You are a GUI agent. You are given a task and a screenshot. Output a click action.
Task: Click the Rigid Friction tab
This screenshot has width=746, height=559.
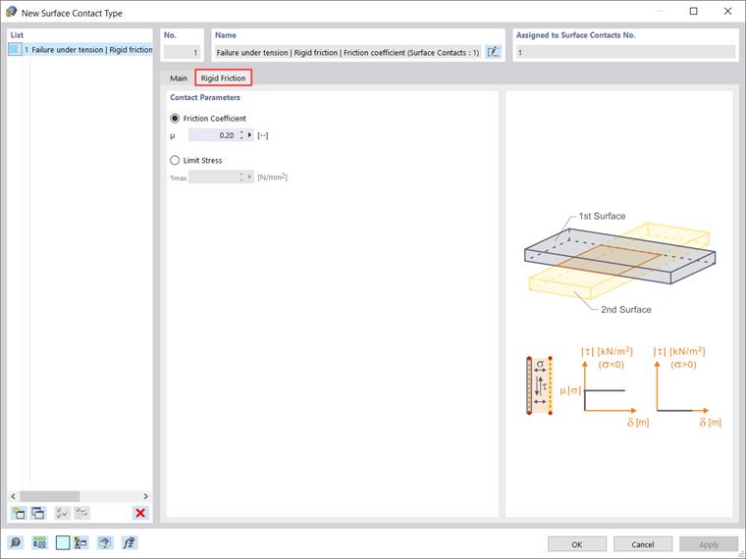click(223, 77)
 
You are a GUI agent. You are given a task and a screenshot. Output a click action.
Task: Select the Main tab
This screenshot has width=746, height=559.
click(179, 77)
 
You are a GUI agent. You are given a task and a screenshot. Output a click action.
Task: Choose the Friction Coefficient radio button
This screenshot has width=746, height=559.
click(176, 118)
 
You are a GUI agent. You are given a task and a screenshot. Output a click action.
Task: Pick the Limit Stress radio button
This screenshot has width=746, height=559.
click(176, 160)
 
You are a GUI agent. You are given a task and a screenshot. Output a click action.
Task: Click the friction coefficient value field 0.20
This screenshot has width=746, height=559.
click(213, 135)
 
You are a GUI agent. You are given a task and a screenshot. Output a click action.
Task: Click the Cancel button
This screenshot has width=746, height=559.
click(642, 543)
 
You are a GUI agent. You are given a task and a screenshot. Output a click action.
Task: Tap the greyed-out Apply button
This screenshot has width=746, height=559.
click(708, 543)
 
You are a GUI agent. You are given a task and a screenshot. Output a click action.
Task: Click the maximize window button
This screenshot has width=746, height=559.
click(693, 12)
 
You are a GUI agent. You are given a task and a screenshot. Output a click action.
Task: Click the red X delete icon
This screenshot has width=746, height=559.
click(140, 513)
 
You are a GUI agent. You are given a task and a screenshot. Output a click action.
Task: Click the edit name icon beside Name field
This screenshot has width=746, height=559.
click(493, 52)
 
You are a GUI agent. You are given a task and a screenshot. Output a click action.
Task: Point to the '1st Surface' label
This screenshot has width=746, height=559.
click(602, 216)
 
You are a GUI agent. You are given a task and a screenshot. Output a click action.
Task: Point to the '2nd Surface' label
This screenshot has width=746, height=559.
click(626, 309)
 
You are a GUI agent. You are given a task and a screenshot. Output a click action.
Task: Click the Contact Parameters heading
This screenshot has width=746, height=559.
click(205, 97)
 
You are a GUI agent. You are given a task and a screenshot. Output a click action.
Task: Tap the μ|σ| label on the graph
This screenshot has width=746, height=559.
click(568, 391)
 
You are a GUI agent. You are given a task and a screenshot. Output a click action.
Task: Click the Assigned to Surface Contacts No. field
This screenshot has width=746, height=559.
click(624, 52)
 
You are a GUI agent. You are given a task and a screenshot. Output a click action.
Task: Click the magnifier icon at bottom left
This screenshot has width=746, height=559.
click(16, 542)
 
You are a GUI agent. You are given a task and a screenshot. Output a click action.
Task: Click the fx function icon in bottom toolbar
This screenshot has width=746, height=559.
click(129, 542)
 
